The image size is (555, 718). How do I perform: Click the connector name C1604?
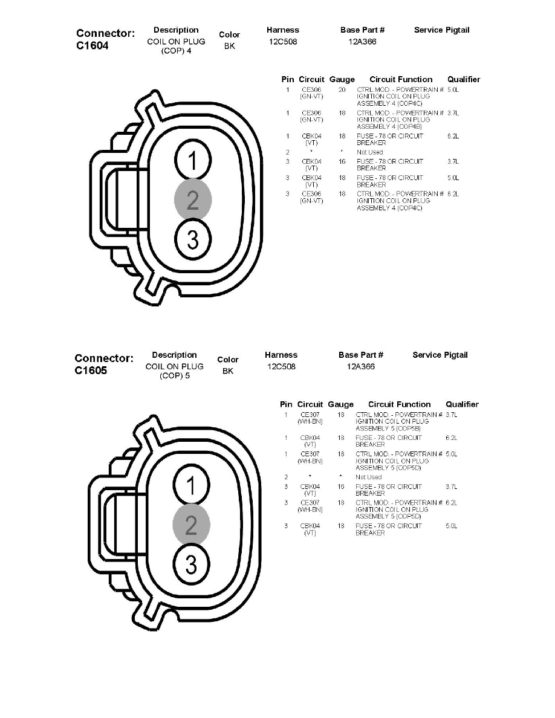coord(92,45)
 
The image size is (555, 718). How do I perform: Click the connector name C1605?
coord(91,370)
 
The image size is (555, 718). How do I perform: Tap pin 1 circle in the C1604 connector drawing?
coord(192,161)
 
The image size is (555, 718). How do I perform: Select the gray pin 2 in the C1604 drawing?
coord(192,200)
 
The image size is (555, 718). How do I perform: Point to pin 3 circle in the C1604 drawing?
coord(192,240)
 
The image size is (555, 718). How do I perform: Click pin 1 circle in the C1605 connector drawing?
coord(191,487)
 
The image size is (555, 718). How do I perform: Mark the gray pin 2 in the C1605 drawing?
coord(191,525)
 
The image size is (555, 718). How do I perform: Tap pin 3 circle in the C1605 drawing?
coord(191,565)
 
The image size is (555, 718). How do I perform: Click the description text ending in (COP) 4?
coord(176,46)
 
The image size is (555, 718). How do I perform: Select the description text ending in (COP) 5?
coord(174,371)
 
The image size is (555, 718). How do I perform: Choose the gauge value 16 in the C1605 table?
coord(341,487)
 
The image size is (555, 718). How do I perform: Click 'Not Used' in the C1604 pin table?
coord(369,152)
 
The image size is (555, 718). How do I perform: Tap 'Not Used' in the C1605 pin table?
coord(368,477)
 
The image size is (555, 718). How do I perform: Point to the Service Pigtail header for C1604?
coord(441,30)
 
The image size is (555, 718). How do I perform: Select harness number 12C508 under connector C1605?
coord(281,367)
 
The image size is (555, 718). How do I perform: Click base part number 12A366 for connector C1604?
coord(362,42)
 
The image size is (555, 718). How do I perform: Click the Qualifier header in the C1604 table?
coord(464,79)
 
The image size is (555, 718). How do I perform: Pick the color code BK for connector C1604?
coord(229,46)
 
